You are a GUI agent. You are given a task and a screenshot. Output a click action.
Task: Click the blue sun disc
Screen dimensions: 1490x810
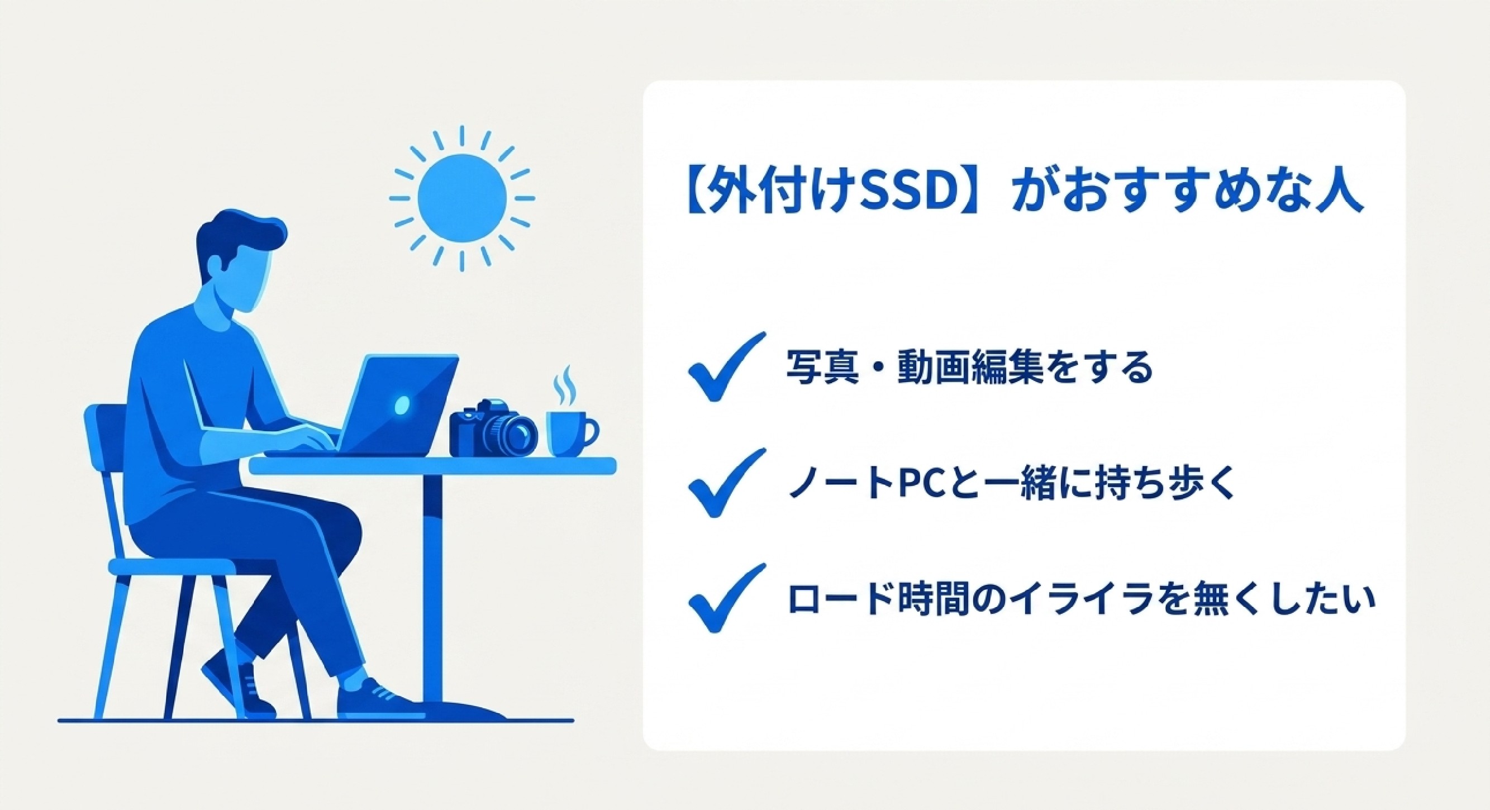tap(461, 198)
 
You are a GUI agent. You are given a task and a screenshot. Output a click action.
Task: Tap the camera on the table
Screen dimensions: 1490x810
tap(493, 427)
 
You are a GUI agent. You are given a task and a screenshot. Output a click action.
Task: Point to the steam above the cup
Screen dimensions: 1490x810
tap(563, 385)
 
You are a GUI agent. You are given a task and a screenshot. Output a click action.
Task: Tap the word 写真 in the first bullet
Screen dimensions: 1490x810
tap(822, 368)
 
